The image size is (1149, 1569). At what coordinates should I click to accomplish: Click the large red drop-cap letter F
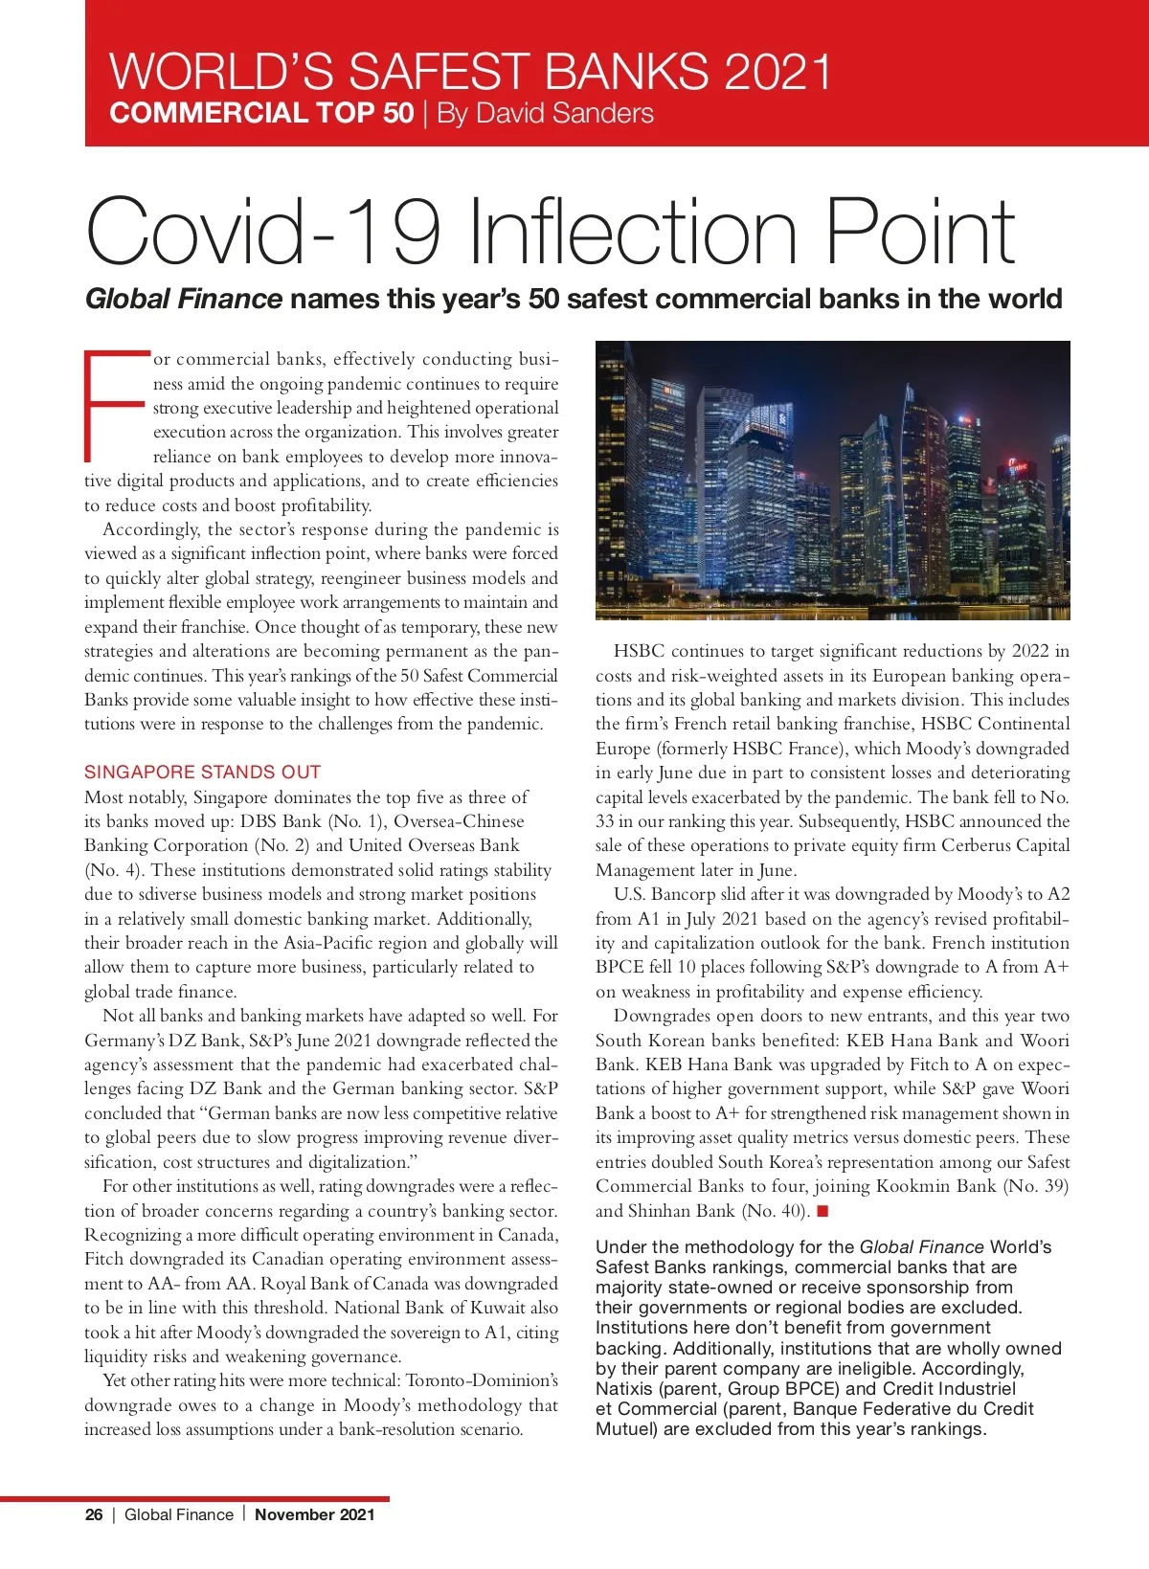[x=116, y=406]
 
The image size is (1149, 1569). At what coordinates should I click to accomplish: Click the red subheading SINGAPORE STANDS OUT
[x=202, y=772]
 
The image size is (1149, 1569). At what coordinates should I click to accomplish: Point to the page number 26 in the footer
[x=94, y=1514]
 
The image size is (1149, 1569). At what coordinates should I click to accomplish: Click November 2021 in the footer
[x=315, y=1514]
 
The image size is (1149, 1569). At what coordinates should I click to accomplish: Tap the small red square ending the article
[x=822, y=1211]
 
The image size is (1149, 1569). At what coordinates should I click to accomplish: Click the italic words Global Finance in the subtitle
[x=184, y=299]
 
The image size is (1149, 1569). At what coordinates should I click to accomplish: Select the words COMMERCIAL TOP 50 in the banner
[x=261, y=114]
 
